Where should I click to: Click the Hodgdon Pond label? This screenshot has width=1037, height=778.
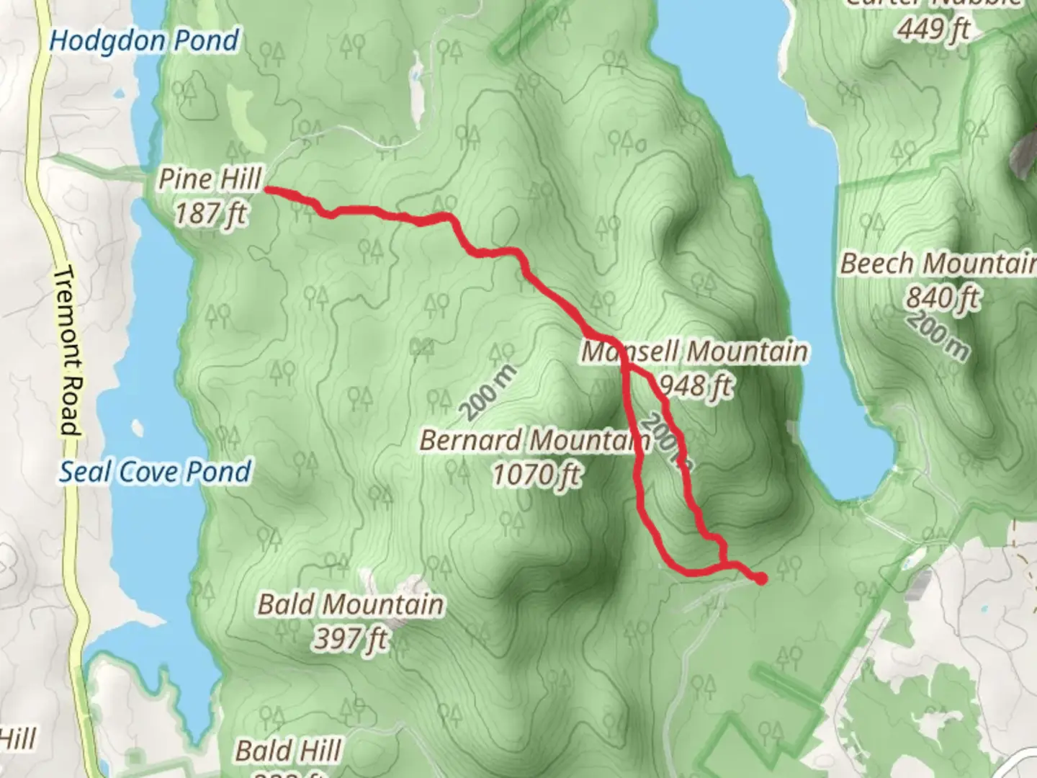pos(144,41)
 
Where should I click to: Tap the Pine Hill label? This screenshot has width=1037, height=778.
pos(210,179)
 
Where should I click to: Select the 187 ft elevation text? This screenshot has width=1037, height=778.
pos(210,213)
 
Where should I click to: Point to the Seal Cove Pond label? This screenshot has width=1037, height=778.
pos(155,472)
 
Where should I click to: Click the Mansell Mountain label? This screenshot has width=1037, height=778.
pos(694,352)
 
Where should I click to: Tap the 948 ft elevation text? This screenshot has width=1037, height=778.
pos(696,387)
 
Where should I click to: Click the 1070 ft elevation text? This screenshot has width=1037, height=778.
pos(537,475)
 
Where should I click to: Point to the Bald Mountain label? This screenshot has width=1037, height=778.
pos(351,604)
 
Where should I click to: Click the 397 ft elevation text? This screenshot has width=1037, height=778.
pos(351,638)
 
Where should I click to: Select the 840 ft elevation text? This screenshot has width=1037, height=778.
pos(942,297)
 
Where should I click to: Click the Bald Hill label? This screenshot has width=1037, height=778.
pos(288,751)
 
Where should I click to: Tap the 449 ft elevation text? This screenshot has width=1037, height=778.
pos(933,29)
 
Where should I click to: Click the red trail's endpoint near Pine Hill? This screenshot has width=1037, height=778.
pos(268,190)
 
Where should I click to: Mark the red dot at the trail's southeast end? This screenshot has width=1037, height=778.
pos(760,578)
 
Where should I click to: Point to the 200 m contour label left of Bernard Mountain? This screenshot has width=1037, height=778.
pos(488,393)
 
